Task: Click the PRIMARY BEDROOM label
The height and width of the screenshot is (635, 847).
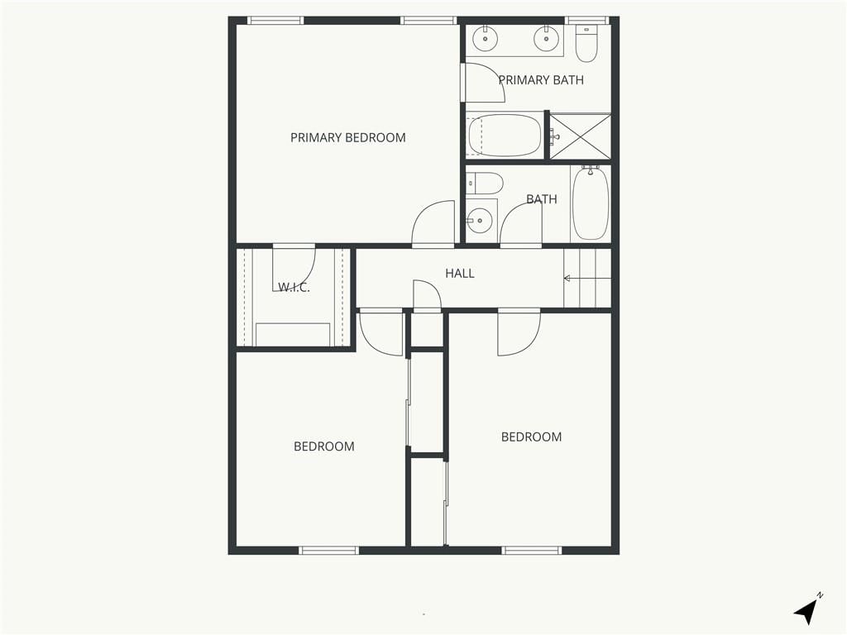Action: (348, 138)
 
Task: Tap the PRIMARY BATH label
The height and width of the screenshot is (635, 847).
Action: (541, 80)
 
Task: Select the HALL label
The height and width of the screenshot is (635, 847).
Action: (460, 273)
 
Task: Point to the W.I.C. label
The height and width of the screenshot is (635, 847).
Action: (294, 287)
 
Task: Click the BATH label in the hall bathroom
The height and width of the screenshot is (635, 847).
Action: (541, 198)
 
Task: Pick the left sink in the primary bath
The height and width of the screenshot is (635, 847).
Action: (485, 38)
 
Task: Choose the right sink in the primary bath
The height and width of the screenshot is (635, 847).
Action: (546, 38)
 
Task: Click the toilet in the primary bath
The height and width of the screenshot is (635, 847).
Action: (586, 43)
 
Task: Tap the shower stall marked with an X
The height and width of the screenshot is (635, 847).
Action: (580, 136)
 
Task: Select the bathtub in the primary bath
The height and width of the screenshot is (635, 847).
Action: (505, 135)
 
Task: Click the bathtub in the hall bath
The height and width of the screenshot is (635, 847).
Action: (591, 203)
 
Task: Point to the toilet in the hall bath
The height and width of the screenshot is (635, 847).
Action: (485, 183)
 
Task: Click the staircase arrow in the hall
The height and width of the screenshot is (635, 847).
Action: (587, 279)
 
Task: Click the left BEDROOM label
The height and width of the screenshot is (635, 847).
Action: (324, 446)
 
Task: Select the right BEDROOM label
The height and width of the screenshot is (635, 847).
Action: (532, 437)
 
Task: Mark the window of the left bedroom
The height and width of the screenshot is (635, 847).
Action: (329, 550)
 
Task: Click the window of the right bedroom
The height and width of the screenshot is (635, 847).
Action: (532, 550)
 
